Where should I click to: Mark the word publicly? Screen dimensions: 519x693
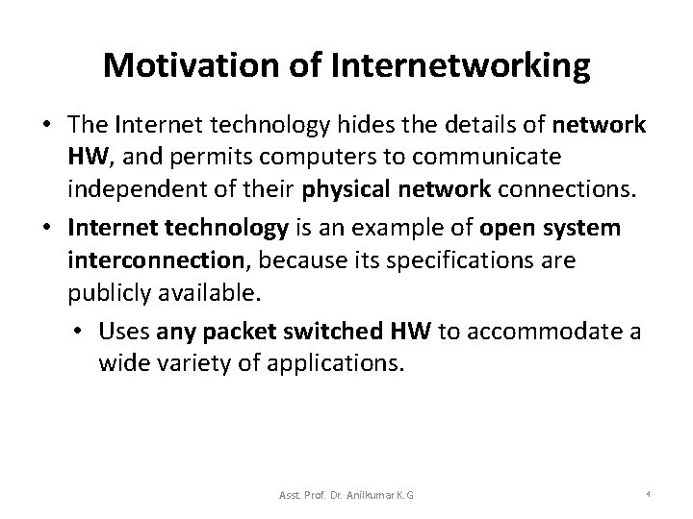107,289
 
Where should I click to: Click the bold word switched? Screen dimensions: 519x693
336,332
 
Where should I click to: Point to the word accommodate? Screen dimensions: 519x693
548,332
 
